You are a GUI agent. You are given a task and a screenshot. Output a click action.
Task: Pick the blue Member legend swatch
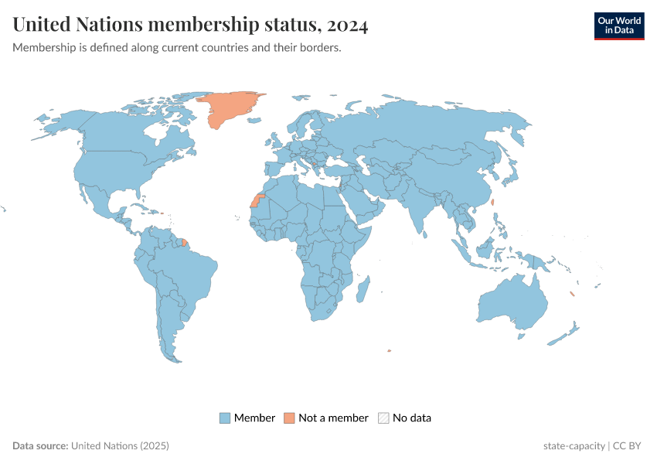tap(225, 418)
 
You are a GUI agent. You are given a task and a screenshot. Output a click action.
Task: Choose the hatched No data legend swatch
tap(383, 418)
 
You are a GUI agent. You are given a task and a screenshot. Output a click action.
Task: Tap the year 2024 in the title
tap(347, 25)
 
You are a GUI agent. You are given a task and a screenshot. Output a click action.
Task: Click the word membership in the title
tap(203, 25)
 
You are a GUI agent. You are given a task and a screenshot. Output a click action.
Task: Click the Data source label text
tap(40, 446)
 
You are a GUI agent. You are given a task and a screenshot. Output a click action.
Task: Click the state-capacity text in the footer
tap(574, 446)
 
